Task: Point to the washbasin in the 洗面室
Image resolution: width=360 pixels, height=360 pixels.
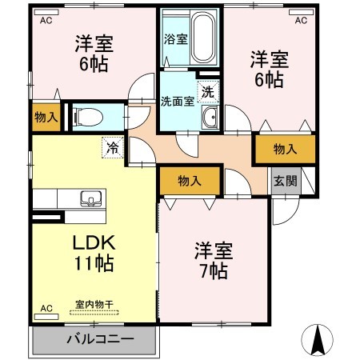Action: point(210,119)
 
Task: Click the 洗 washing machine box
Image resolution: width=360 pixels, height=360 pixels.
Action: point(208,91)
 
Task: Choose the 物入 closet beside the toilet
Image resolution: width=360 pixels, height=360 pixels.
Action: point(46,118)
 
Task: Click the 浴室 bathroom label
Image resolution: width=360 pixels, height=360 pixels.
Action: point(176,38)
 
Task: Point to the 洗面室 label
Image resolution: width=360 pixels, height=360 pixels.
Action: point(177,102)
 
